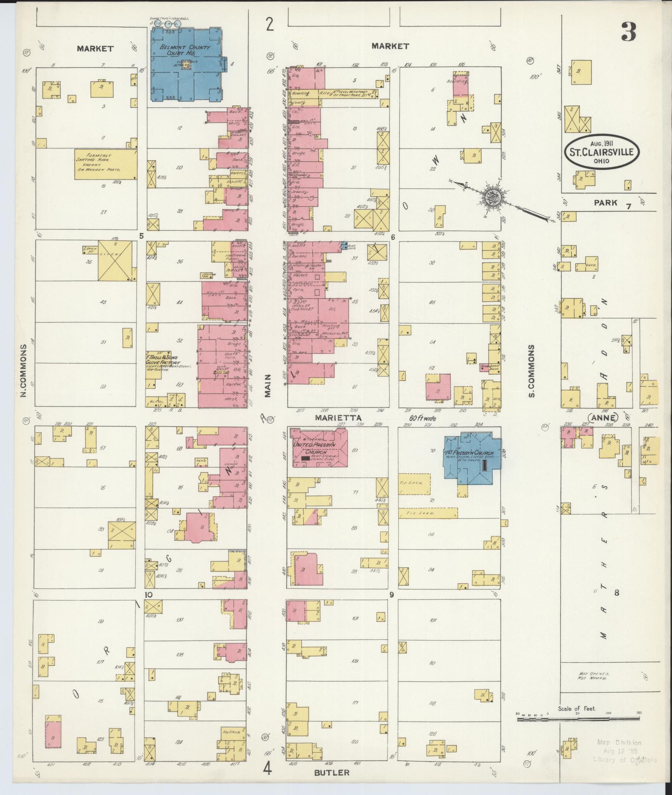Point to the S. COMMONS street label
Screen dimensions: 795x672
coord(532,371)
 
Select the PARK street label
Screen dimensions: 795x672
coord(606,203)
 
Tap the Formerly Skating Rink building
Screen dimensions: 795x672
coord(106,164)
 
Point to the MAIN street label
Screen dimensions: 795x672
coord(268,385)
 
